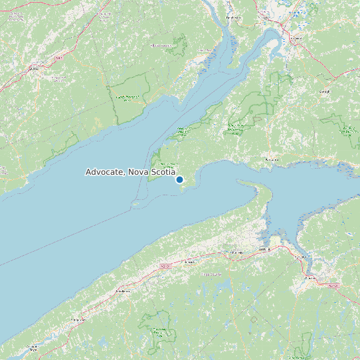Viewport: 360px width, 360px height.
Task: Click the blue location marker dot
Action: click(179, 179)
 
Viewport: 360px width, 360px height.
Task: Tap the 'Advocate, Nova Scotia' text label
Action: click(130, 172)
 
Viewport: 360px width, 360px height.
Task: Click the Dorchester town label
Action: click(232, 17)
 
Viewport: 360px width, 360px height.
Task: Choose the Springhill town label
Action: click(325, 92)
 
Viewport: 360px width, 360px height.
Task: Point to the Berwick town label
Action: click(189, 262)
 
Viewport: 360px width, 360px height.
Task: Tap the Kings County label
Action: click(211, 274)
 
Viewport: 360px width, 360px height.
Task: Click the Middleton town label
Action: click(122, 291)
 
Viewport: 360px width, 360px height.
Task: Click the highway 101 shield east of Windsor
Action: click(333, 285)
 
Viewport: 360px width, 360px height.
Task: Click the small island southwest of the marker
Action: click(136, 203)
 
